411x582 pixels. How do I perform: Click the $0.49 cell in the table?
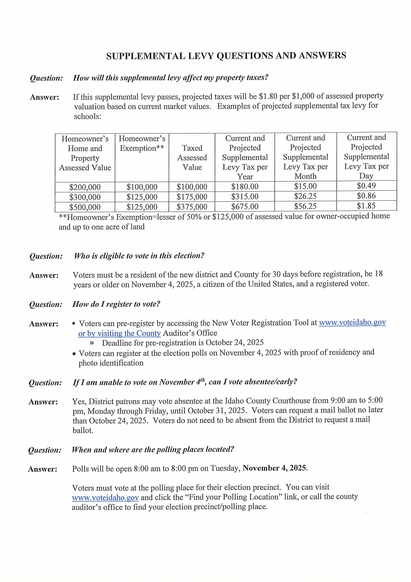366,186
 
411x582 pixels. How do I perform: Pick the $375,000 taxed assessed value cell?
192,207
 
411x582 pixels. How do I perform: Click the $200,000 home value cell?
85,187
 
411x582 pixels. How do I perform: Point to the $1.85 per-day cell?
366,205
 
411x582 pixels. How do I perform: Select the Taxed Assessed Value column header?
192,157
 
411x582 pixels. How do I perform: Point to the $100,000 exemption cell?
142,187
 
